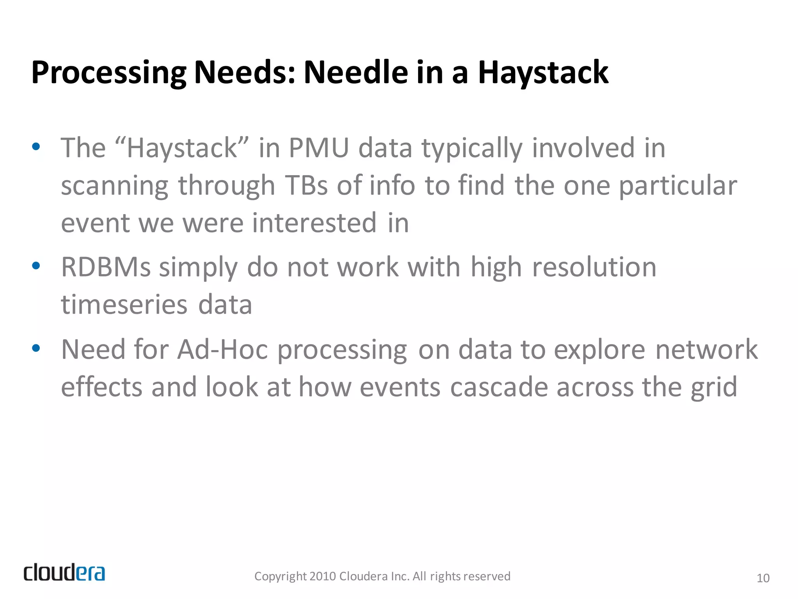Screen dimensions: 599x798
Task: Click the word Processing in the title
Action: [x=109, y=73]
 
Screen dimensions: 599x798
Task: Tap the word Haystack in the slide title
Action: [x=543, y=73]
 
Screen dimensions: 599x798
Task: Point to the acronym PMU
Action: [x=318, y=148]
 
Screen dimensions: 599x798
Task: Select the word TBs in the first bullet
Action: [x=306, y=185]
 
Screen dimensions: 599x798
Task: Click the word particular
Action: [x=678, y=186]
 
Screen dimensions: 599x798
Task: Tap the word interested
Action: [x=314, y=223]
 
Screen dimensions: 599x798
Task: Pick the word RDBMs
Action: [x=106, y=268]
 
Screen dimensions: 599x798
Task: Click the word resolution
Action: [x=594, y=268]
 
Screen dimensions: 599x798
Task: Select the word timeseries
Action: [x=124, y=305]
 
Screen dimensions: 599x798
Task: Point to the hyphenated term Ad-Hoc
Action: [x=222, y=349]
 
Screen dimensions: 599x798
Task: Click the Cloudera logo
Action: [x=64, y=573]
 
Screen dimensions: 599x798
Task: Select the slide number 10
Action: [x=763, y=578]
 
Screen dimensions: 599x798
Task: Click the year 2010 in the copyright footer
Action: [x=323, y=576]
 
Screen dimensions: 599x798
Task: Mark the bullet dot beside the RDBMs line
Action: [x=36, y=266]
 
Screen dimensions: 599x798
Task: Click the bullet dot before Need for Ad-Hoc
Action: [x=36, y=348]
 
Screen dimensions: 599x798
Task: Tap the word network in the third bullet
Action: [x=706, y=349]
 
